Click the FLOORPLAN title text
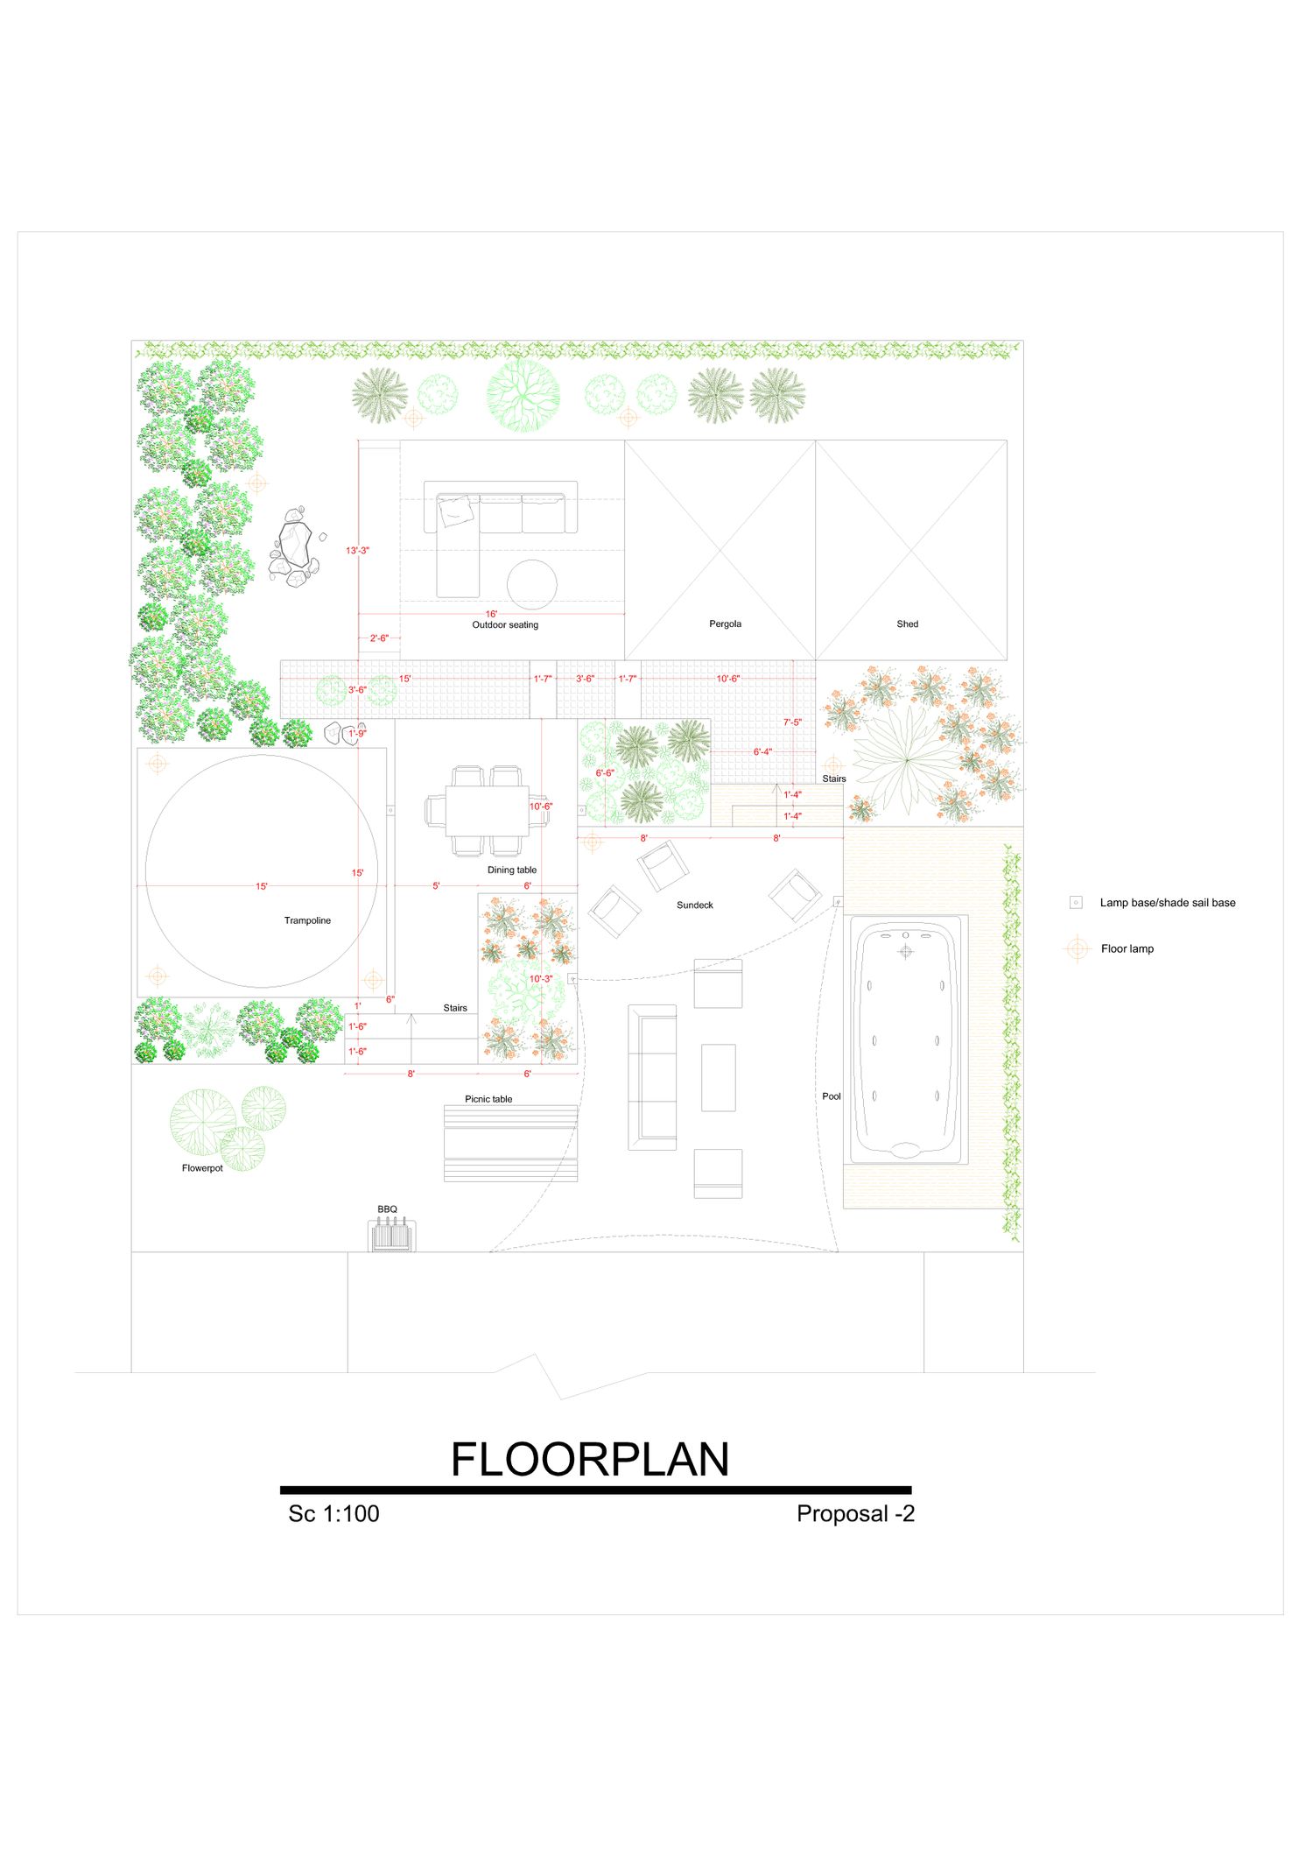[590, 1460]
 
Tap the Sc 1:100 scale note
[334, 1514]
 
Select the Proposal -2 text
[855, 1514]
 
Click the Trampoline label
[307, 920]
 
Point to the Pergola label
[725, 624]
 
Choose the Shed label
[908, 624]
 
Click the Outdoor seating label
[505, 625]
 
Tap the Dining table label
[512, 870]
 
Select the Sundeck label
[695, 905]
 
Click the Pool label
[832, 1096]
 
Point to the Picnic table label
[488, 1099]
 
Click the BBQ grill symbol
[392, 1236]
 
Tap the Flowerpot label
[202, 1168]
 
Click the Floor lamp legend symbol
[1077, 948]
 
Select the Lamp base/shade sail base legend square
[1076, 903]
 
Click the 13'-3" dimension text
[357, 551]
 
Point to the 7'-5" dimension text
[792, 722]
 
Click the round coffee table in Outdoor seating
[532, 584]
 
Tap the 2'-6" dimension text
[378, 638]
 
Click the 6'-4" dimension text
[762, 752]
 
